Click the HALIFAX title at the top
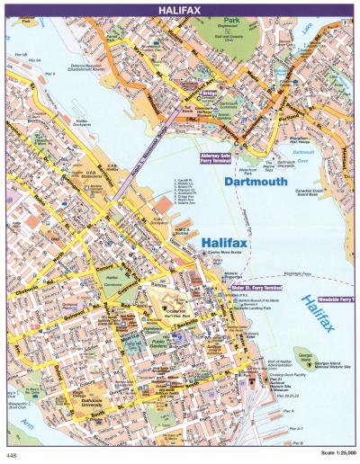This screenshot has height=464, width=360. tap(180, 8)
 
